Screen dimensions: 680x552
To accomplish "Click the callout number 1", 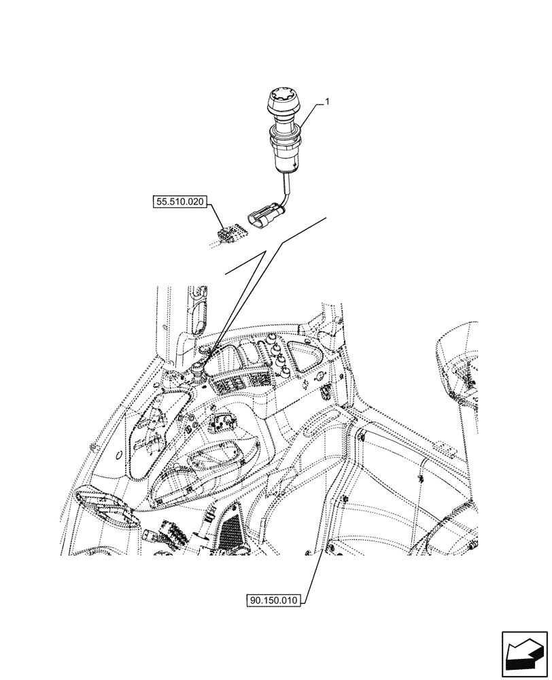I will pos(328,101).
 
